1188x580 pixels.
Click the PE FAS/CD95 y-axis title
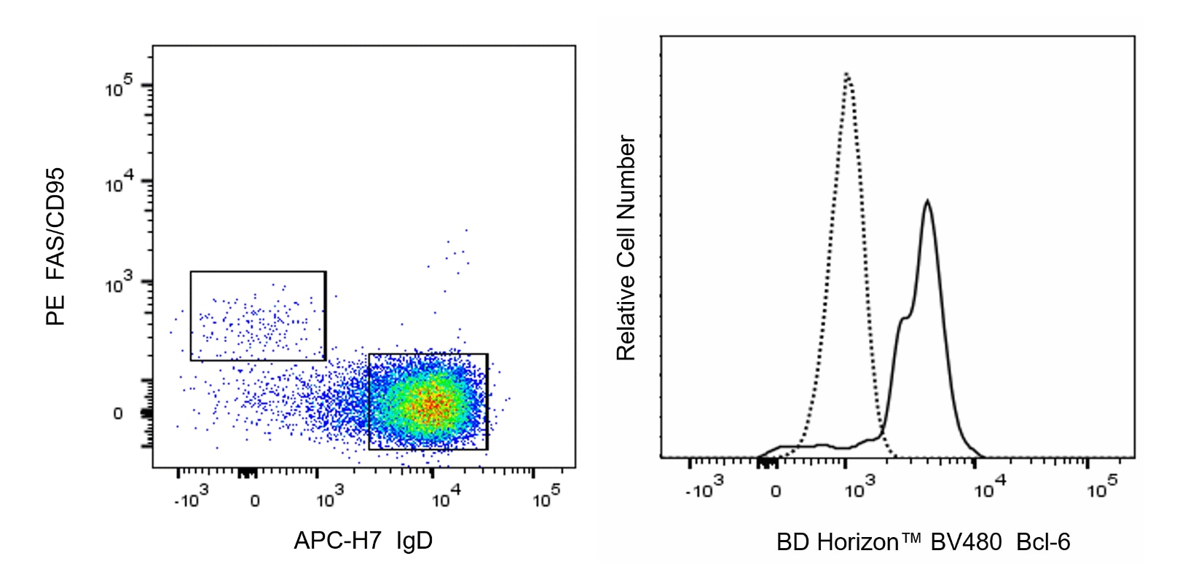56,247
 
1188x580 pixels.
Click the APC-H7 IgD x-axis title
363,541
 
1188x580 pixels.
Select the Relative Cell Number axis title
626,248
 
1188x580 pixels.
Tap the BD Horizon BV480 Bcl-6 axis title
923,542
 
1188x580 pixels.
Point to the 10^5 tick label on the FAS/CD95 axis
119,88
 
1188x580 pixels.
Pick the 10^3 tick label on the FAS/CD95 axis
119,285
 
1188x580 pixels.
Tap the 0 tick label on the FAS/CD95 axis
118,414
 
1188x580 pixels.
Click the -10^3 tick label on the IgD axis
192,499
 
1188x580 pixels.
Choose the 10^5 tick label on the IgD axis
546,499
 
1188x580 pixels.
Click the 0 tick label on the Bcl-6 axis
776,491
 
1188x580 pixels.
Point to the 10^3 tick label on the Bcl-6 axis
860,490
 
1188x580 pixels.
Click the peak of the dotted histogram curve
846,74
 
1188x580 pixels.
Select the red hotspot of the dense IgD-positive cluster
433,405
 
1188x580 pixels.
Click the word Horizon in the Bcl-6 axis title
857,542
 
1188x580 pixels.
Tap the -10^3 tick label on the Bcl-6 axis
704,490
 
